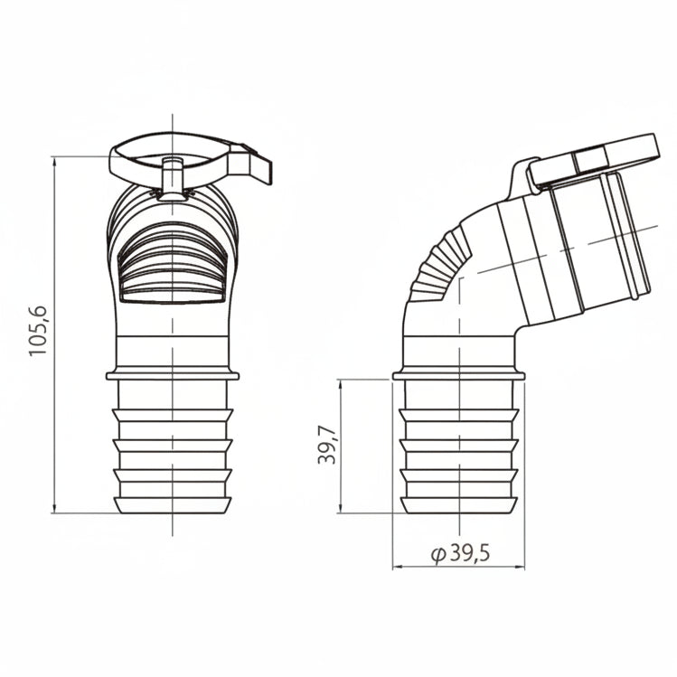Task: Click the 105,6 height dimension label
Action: pyautogui.click(x=38, y=331)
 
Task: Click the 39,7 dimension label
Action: pyautogui.click(x=327, y=445)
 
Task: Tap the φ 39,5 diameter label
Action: pyautogui.click(x=460, y=552)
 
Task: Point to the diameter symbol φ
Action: pyautogui.click(x=438, y=554)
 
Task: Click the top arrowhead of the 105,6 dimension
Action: pyautogui.click(x=54, y=162)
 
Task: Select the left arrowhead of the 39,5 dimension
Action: pyautogui.click(x=398, y=567)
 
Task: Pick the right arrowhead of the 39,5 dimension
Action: pyautogui.click(x=519, y=567)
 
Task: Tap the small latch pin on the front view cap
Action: pyautogui.click(x=173, y=177)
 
